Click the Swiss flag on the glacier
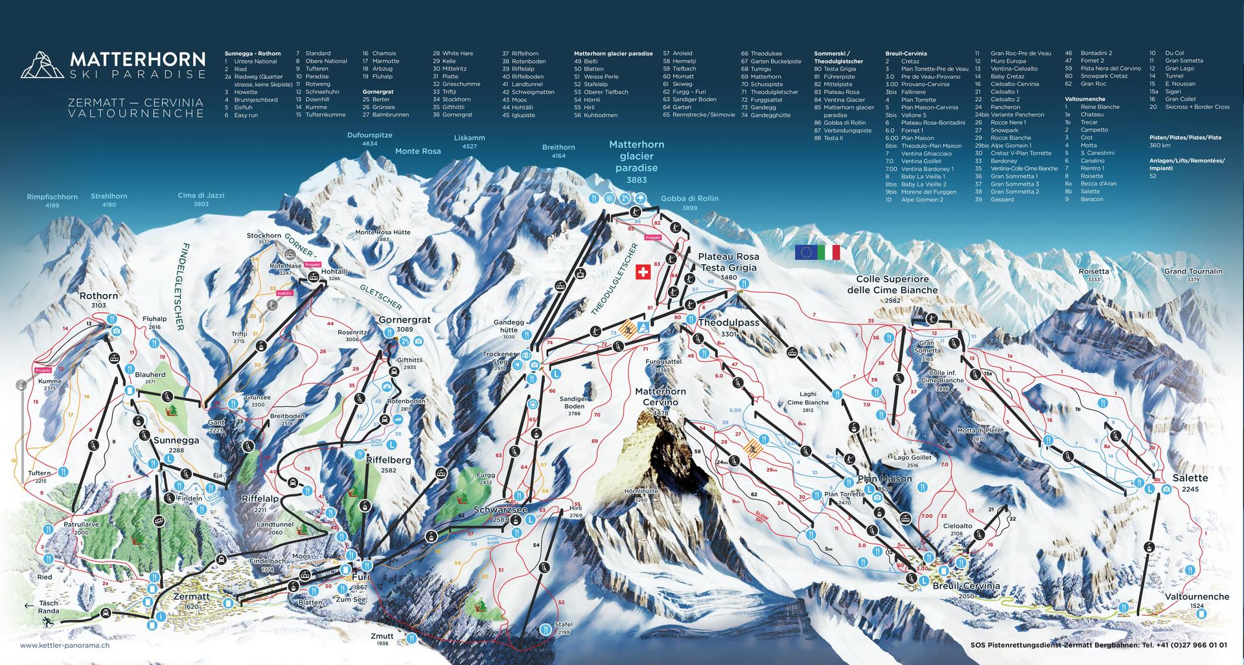[x=643, y=272]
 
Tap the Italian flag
[x=829, y=253]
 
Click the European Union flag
[x=805, y=253]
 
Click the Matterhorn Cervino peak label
[x=660, y=397]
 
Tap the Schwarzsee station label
[x=500, y=510]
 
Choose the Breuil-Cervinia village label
[x=965, y=585]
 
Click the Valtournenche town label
[x=1197, y=596]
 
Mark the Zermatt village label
[x=191, y=596]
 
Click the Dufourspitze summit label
[x=370, y=135]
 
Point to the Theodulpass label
[x=728, y=322]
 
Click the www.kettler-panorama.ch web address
[x=65, y=645]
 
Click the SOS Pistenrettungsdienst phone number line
[x=1098, y=645]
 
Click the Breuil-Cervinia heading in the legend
[x=906, y=53]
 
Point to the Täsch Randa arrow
[x=29, y=606]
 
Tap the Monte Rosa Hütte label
[x=382, y=232]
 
